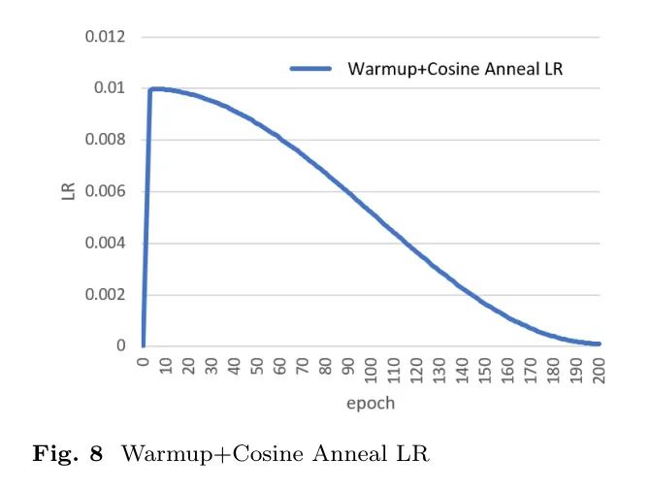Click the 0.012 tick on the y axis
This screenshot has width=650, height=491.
pos(108,37)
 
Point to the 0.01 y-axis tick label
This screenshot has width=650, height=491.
pos(112,88)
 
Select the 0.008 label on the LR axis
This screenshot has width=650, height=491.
pos(108,140)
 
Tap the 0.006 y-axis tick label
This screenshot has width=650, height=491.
pos(108,191)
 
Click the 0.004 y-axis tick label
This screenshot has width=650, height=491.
pos(108,243)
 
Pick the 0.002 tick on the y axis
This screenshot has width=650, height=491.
pos(108,294)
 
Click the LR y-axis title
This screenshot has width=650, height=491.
pos(68,192)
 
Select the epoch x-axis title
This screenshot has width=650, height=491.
pos(371,403)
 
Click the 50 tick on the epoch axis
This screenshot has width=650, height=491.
pos(258,366)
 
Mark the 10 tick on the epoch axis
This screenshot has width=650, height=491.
pos(166,366)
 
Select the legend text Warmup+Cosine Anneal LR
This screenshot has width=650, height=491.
pos(456,69)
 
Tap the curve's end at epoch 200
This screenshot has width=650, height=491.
pos(600,344)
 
